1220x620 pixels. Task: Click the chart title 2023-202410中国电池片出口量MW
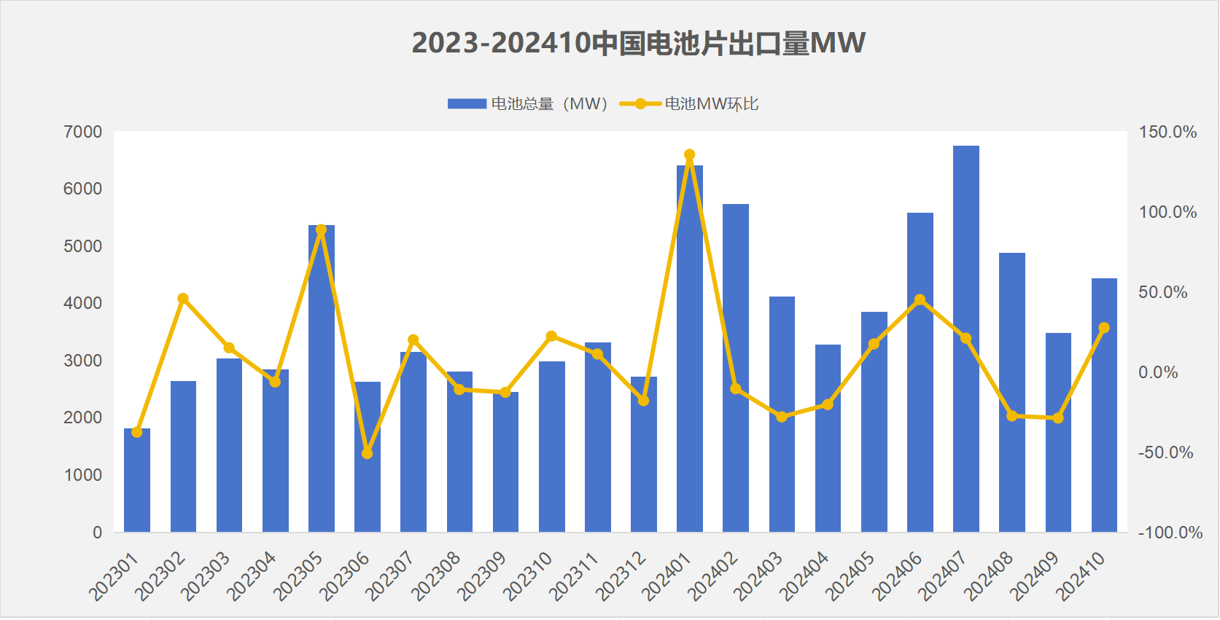click(x=638, y=43)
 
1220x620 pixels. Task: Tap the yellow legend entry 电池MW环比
click(x=689, y=104)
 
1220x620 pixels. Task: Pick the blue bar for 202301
click(x=137, y=480)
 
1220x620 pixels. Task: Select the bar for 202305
click(x=321, y=379)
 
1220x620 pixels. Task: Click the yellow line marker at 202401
click(x=690, y=154)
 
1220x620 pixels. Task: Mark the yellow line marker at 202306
click(x=368, y=453)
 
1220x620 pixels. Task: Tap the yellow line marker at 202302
click(x=183, y=299)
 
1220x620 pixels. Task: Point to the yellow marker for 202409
click(x=1058, y=418)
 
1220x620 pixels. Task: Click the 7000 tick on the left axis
click(x=82, y=132)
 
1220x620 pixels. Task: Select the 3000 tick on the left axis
click(x=82, y=361)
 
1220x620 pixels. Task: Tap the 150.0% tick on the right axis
click(x=1167, y=132)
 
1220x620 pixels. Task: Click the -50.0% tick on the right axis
click(x=1165, y=452)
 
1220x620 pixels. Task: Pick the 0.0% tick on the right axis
click(x=1158, y=372)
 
